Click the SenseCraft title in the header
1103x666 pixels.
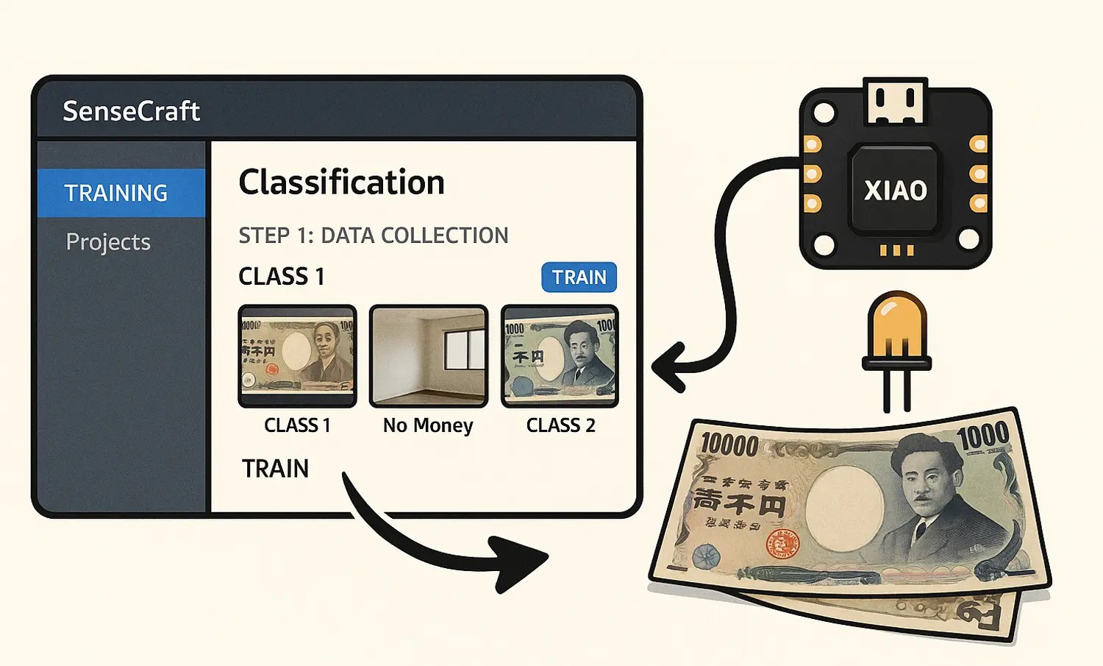tap(131, 111)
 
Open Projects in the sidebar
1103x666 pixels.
tap(108, 242)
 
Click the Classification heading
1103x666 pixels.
tap(341, 183)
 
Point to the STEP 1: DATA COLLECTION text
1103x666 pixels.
tap(373, 235)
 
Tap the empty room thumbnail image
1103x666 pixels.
tap(429, 356)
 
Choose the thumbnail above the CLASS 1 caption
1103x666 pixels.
tap(297, 356)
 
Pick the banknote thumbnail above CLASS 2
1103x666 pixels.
tap(560, 356)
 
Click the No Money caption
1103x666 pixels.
tap(428, 425)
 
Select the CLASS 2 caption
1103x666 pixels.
tap(560, 425)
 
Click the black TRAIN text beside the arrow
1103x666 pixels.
tap(275, 469)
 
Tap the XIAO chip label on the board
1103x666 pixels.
tap(895, 191)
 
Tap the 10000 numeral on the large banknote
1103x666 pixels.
tap(729, 445)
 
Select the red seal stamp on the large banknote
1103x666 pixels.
tap(782, 545)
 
